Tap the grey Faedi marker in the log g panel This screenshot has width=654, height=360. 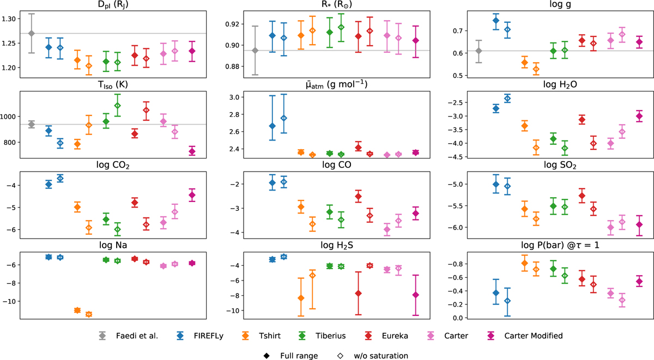pos(464,51)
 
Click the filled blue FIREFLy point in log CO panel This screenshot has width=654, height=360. pos(272,182)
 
